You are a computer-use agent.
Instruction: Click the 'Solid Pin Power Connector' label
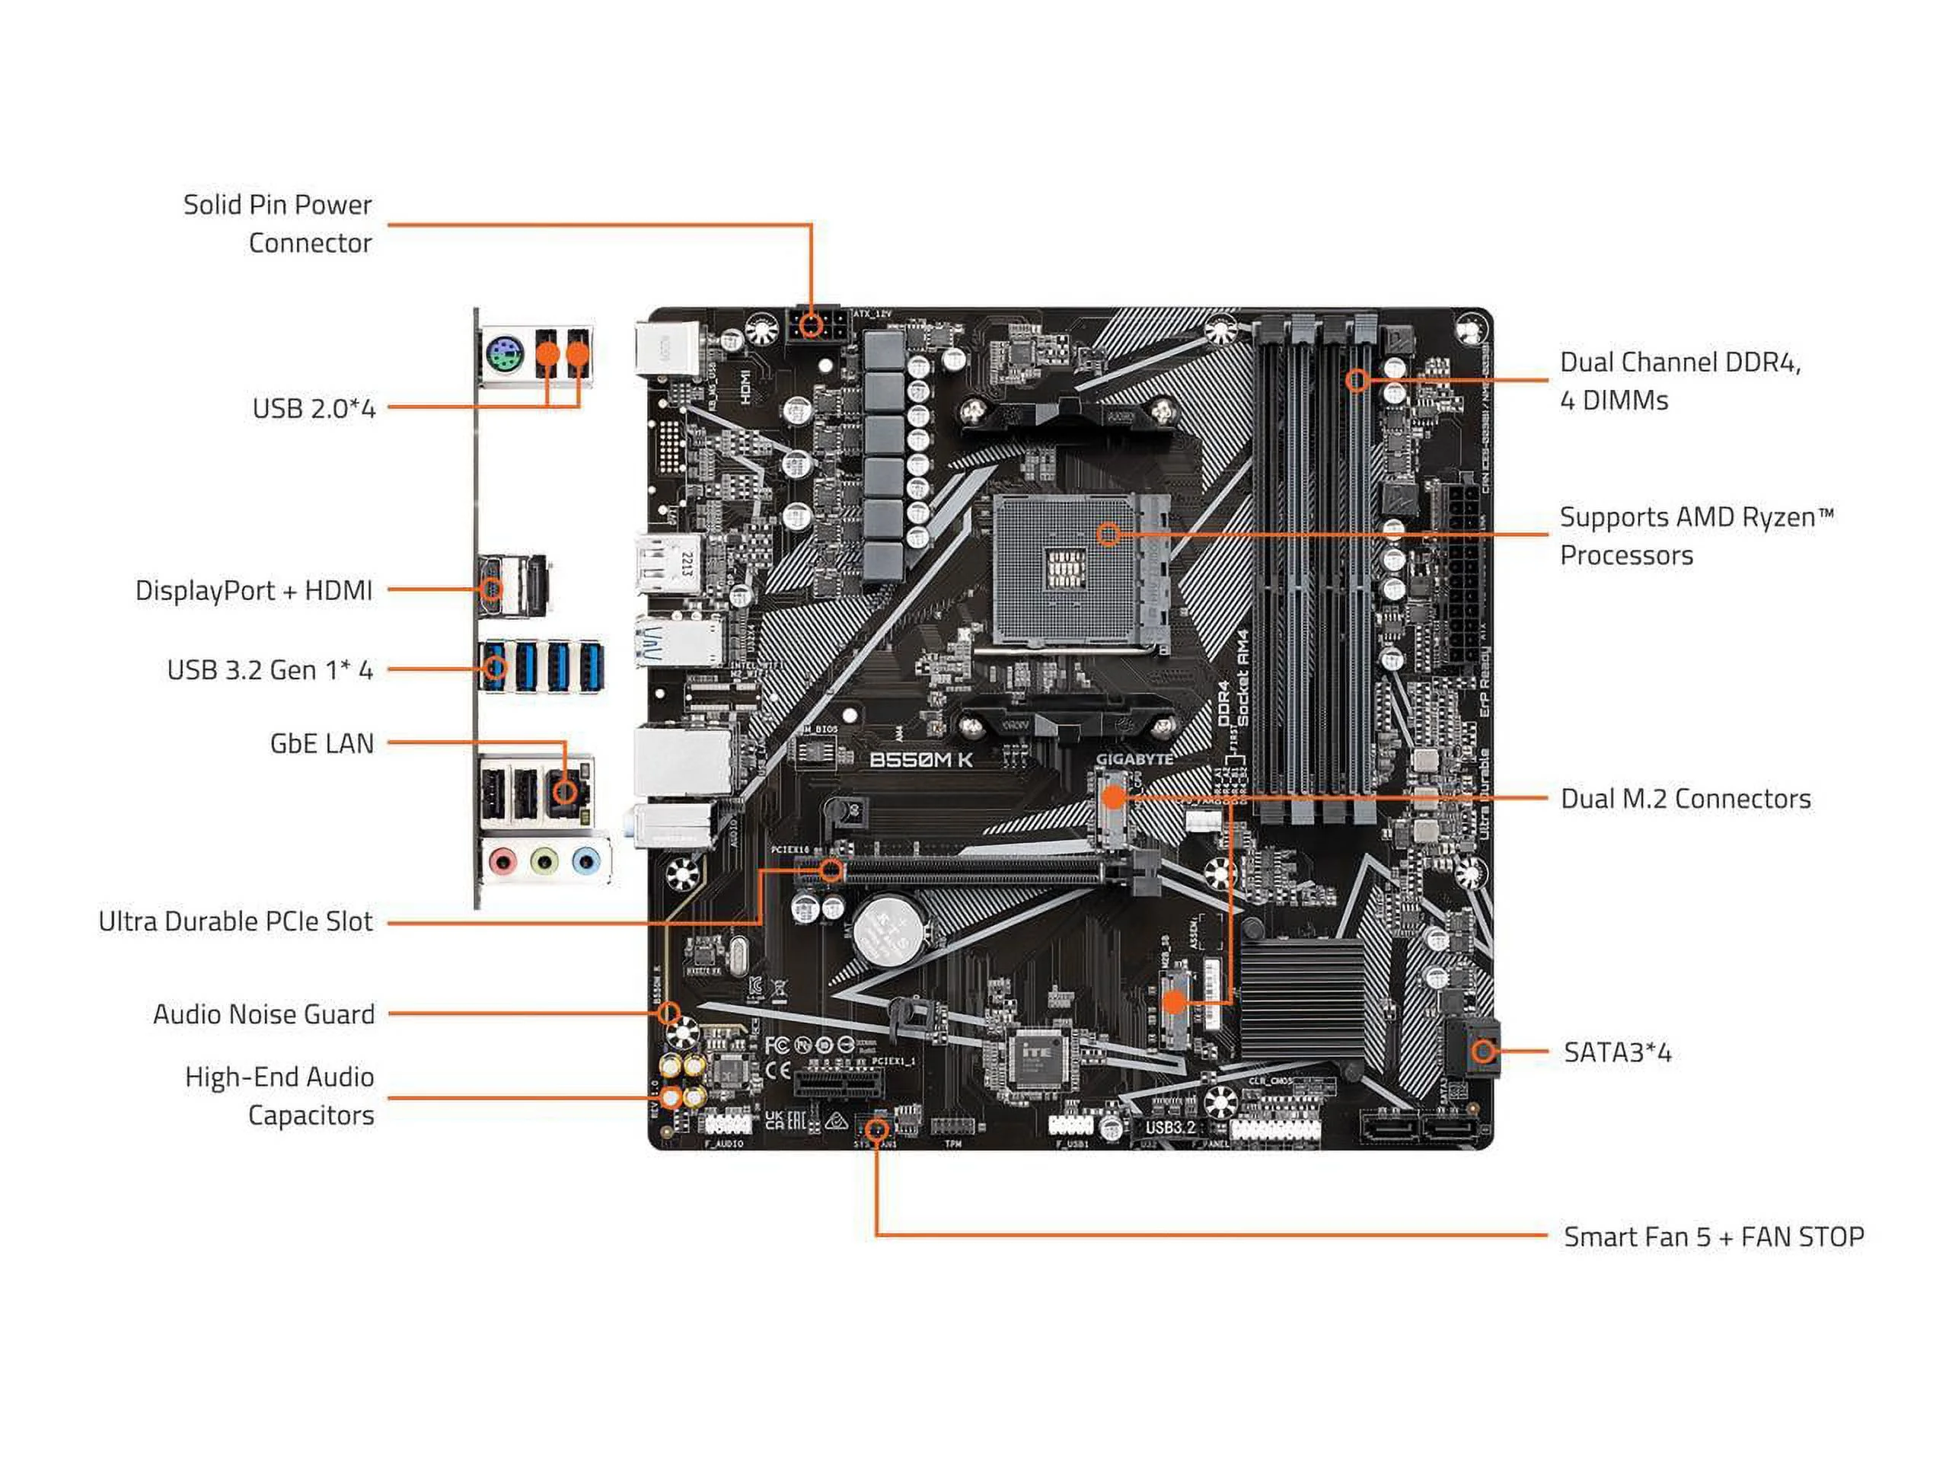pyautogui.click(x=278, y=224)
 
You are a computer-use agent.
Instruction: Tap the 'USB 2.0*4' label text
pyautogui.click(x=314, y=409)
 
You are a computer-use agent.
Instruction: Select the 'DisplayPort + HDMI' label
pyautogui.click(x=254, y=590)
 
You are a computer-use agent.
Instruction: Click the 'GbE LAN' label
pyautogui.click(x=321, y=744)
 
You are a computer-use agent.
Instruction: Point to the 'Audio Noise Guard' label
pyautogui.click(x=263, y=1014)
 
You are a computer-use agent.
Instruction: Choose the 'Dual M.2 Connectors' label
pyautogui.click(x=1685, y=800)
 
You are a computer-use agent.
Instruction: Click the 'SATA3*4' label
pyautogui.click(x=1617, y=1052)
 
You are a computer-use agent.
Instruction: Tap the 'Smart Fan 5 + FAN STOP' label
pyautogui.click(x=1713, y=1237)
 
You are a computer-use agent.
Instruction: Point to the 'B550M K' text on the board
pyautogui.click(x=920, y=760)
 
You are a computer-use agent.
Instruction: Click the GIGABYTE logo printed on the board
pyautogui.click(x=1133, y=758)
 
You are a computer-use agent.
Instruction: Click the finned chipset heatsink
pyautogui.click(x=1303, y=1001)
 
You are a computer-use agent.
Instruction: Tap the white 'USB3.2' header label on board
pyautogui.click(x=1170, y=1127)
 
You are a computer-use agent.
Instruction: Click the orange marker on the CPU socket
pyautogui.click(x=1109, y=533)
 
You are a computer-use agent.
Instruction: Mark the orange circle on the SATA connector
pyautogui.click(x=1483, y=1051)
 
